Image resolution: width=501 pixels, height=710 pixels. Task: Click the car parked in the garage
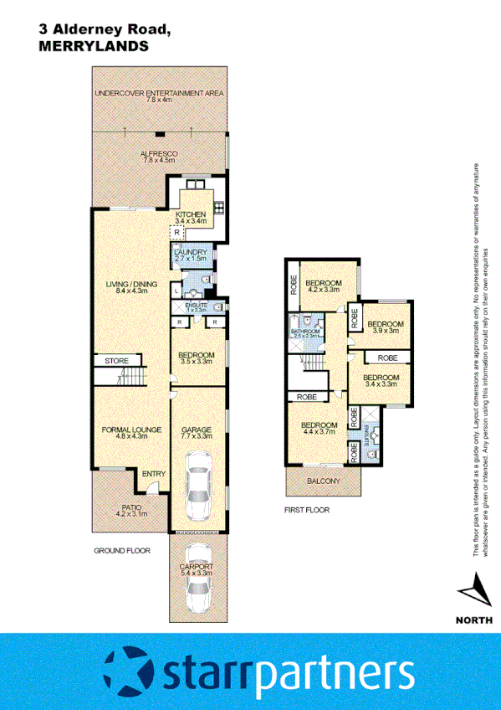click(197, 486)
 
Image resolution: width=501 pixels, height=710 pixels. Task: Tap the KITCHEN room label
click(190, 215)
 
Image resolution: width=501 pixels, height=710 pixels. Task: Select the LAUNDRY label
click(190, 252)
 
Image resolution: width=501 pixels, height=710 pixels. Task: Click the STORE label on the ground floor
click(116, 361)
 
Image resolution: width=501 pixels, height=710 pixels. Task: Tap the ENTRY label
click(153, 475)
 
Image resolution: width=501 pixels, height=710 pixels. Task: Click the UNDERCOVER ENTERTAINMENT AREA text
click(158, 94)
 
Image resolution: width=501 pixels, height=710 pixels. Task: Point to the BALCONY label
click(322, 481)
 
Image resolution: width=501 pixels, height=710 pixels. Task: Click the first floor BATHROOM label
click(305, 332)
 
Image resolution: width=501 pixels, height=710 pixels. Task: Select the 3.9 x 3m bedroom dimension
click(386, 331)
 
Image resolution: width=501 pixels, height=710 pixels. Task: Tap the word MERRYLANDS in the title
click(94, 48)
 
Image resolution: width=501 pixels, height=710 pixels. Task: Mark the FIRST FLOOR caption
click(307, 509)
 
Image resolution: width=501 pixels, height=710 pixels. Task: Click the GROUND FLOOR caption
click(121, 551)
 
